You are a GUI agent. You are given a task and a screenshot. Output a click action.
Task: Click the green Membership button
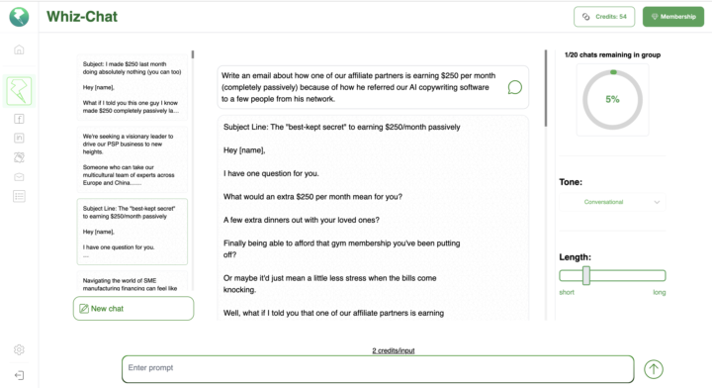point(672,17)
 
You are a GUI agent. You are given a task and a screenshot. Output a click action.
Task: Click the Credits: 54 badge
point(604,17)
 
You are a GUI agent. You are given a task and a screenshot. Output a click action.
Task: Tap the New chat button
point(133,309)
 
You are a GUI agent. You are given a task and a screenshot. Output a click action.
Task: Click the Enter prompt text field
point(377,368)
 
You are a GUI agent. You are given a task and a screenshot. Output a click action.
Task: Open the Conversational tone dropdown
point(612,202)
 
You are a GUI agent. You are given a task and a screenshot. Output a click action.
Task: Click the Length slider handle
point(586,276)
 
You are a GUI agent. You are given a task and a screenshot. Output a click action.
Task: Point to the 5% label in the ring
point(612,99)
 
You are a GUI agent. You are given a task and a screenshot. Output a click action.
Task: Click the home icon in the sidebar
point(19,49)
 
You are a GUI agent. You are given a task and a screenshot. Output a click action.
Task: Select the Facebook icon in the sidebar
point(19,119)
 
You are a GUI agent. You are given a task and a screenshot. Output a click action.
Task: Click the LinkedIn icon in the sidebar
point(19,138)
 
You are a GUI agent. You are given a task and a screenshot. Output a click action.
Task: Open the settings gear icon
point(19,349)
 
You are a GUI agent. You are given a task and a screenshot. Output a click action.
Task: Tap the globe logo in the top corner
point(19,17)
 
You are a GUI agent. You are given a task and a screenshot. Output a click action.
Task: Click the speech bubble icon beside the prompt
point(514,87)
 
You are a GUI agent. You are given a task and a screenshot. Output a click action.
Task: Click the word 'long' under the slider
point(659,292)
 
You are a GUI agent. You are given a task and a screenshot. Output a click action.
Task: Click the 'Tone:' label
point(571,182)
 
